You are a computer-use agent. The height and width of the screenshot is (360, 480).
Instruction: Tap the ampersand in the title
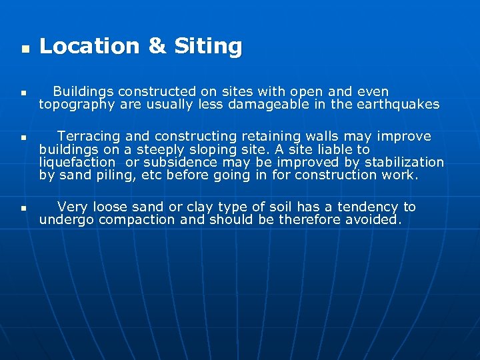157,46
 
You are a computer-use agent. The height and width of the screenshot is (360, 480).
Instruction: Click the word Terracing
90,136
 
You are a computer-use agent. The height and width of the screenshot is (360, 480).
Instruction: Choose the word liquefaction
77,162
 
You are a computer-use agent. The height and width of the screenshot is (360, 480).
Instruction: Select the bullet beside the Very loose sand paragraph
23,209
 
